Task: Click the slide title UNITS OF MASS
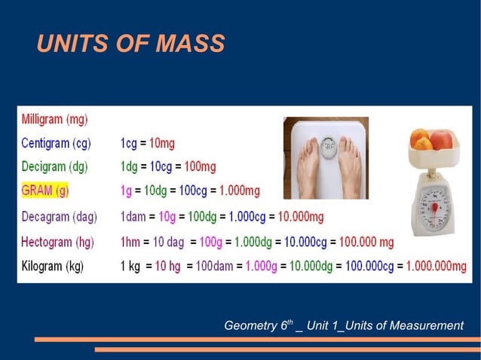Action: pos(130,44)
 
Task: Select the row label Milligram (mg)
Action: pos(54,119)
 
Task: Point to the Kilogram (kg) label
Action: pos(53,266)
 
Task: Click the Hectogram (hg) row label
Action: pos(57,241)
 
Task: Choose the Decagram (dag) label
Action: pos(59,216)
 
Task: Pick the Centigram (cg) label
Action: pos(56,142)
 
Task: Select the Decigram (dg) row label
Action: pos(55,166)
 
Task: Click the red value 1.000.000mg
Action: pos(437,266)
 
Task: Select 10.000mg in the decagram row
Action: pos(301,216)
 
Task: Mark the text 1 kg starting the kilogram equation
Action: pos(131,266)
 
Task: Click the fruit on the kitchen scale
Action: pos(431,140)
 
